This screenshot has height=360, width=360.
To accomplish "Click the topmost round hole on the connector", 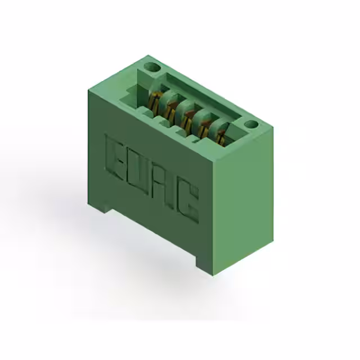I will click(151, 67).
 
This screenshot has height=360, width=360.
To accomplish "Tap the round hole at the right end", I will click(251, 124).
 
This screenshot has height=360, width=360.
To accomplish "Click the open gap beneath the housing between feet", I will click(152, 236).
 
